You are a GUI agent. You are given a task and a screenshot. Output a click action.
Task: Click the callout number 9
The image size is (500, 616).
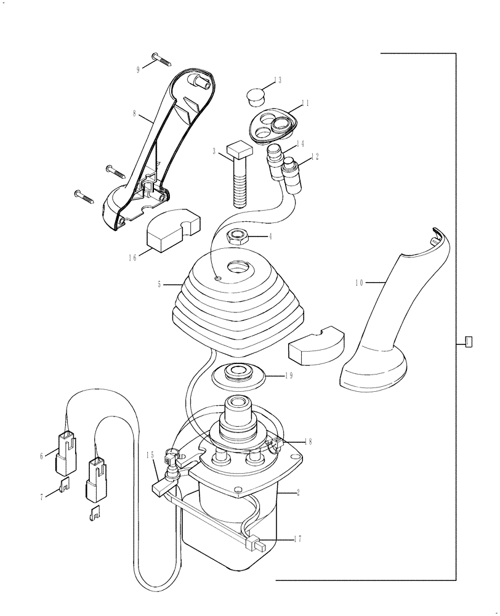coord(138,70)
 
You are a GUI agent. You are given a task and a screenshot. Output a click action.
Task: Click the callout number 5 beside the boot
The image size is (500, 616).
coord(159,285)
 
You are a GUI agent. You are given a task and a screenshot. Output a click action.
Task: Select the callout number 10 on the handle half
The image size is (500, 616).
coord(360,283)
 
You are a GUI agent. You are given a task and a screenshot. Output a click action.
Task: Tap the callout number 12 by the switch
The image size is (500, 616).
coord(315,156)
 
